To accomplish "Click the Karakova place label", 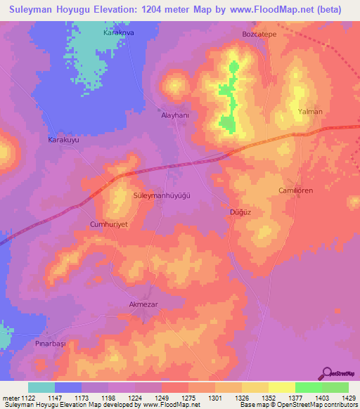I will click(x=118, y=33).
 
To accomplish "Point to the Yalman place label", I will click(x=310, y=112).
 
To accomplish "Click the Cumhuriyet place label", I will click(x=108, y=224).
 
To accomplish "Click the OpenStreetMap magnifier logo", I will click(x=328, y=373).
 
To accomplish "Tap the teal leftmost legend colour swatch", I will click(x=41, y=387).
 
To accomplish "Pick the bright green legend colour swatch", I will click(x=309, y=387).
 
